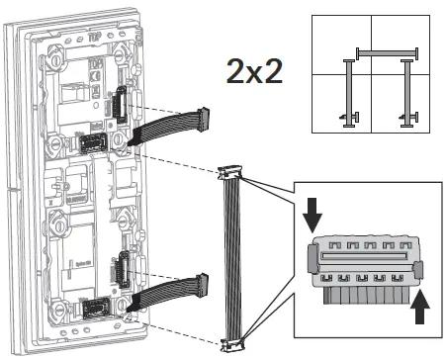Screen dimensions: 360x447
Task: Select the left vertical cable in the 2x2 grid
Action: tap(349, 92)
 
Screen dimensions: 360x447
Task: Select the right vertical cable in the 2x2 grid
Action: tap(405, 92)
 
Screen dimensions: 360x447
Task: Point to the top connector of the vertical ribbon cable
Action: tap(231, 175)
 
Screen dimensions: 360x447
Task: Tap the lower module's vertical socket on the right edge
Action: tap(123, 269)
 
